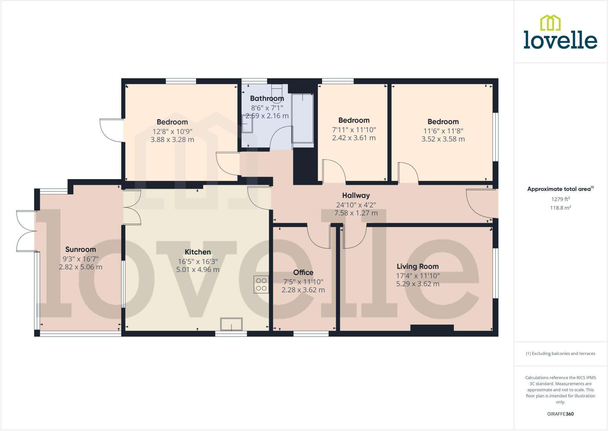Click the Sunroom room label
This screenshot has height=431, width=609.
pos(81,250)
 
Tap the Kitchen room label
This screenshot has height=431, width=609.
pos(198,252)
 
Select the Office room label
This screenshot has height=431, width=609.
pos(303,273)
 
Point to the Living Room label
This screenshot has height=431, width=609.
pos(417,267)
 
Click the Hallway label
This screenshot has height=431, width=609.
pos(356,196)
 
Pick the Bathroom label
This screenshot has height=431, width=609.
pos(267,98)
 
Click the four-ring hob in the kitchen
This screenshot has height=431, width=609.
pos(261,284)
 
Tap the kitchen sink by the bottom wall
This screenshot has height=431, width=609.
pos(231,324)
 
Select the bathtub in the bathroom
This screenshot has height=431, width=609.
pos(303,120)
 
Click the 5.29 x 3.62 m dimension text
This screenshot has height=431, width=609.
pos(417,284)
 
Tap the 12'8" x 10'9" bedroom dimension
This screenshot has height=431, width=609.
pos(172,131)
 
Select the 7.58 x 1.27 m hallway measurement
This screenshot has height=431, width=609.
pos(356,213)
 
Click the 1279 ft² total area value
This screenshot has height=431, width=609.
pos(560,199)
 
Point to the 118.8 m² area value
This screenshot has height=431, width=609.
pos(560,208)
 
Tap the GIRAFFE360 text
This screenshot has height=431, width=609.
pos(560,414)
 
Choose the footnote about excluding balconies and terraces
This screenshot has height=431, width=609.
pos(560,354)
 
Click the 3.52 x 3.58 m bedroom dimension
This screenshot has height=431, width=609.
pos(443,139)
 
